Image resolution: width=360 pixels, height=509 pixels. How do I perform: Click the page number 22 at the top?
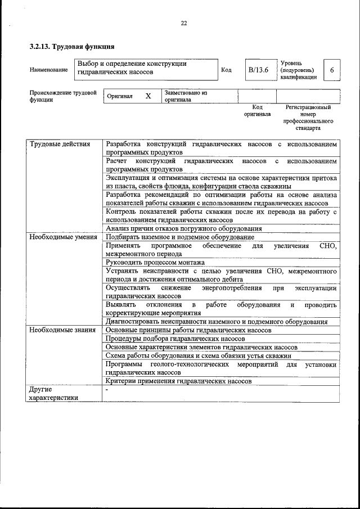(x=183, y=23)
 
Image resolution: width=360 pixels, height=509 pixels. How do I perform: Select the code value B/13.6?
(x=259, y=70)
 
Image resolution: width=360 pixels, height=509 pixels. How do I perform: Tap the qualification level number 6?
(x=332, y=70)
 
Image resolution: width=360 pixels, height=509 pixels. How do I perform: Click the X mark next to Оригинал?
(x=148, y=96)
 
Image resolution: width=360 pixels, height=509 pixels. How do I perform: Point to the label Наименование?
(x=49, y=70)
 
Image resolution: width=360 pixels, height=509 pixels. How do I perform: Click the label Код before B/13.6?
(x=226, y=70)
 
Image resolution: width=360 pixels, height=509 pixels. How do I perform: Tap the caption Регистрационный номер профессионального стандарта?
(x=308, y=117)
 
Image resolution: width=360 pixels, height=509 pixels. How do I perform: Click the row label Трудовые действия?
(x=60, y=145)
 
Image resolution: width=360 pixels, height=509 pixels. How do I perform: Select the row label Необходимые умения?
(x=62, y=237)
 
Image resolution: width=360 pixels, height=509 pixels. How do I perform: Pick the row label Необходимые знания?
(x=61, y=330)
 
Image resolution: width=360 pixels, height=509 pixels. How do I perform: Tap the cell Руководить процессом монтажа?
(x=155, y=263)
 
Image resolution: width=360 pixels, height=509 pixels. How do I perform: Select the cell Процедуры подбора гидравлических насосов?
(x=175, y=339)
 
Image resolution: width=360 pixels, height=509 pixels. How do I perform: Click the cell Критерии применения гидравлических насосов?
(x=178, y=381)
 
